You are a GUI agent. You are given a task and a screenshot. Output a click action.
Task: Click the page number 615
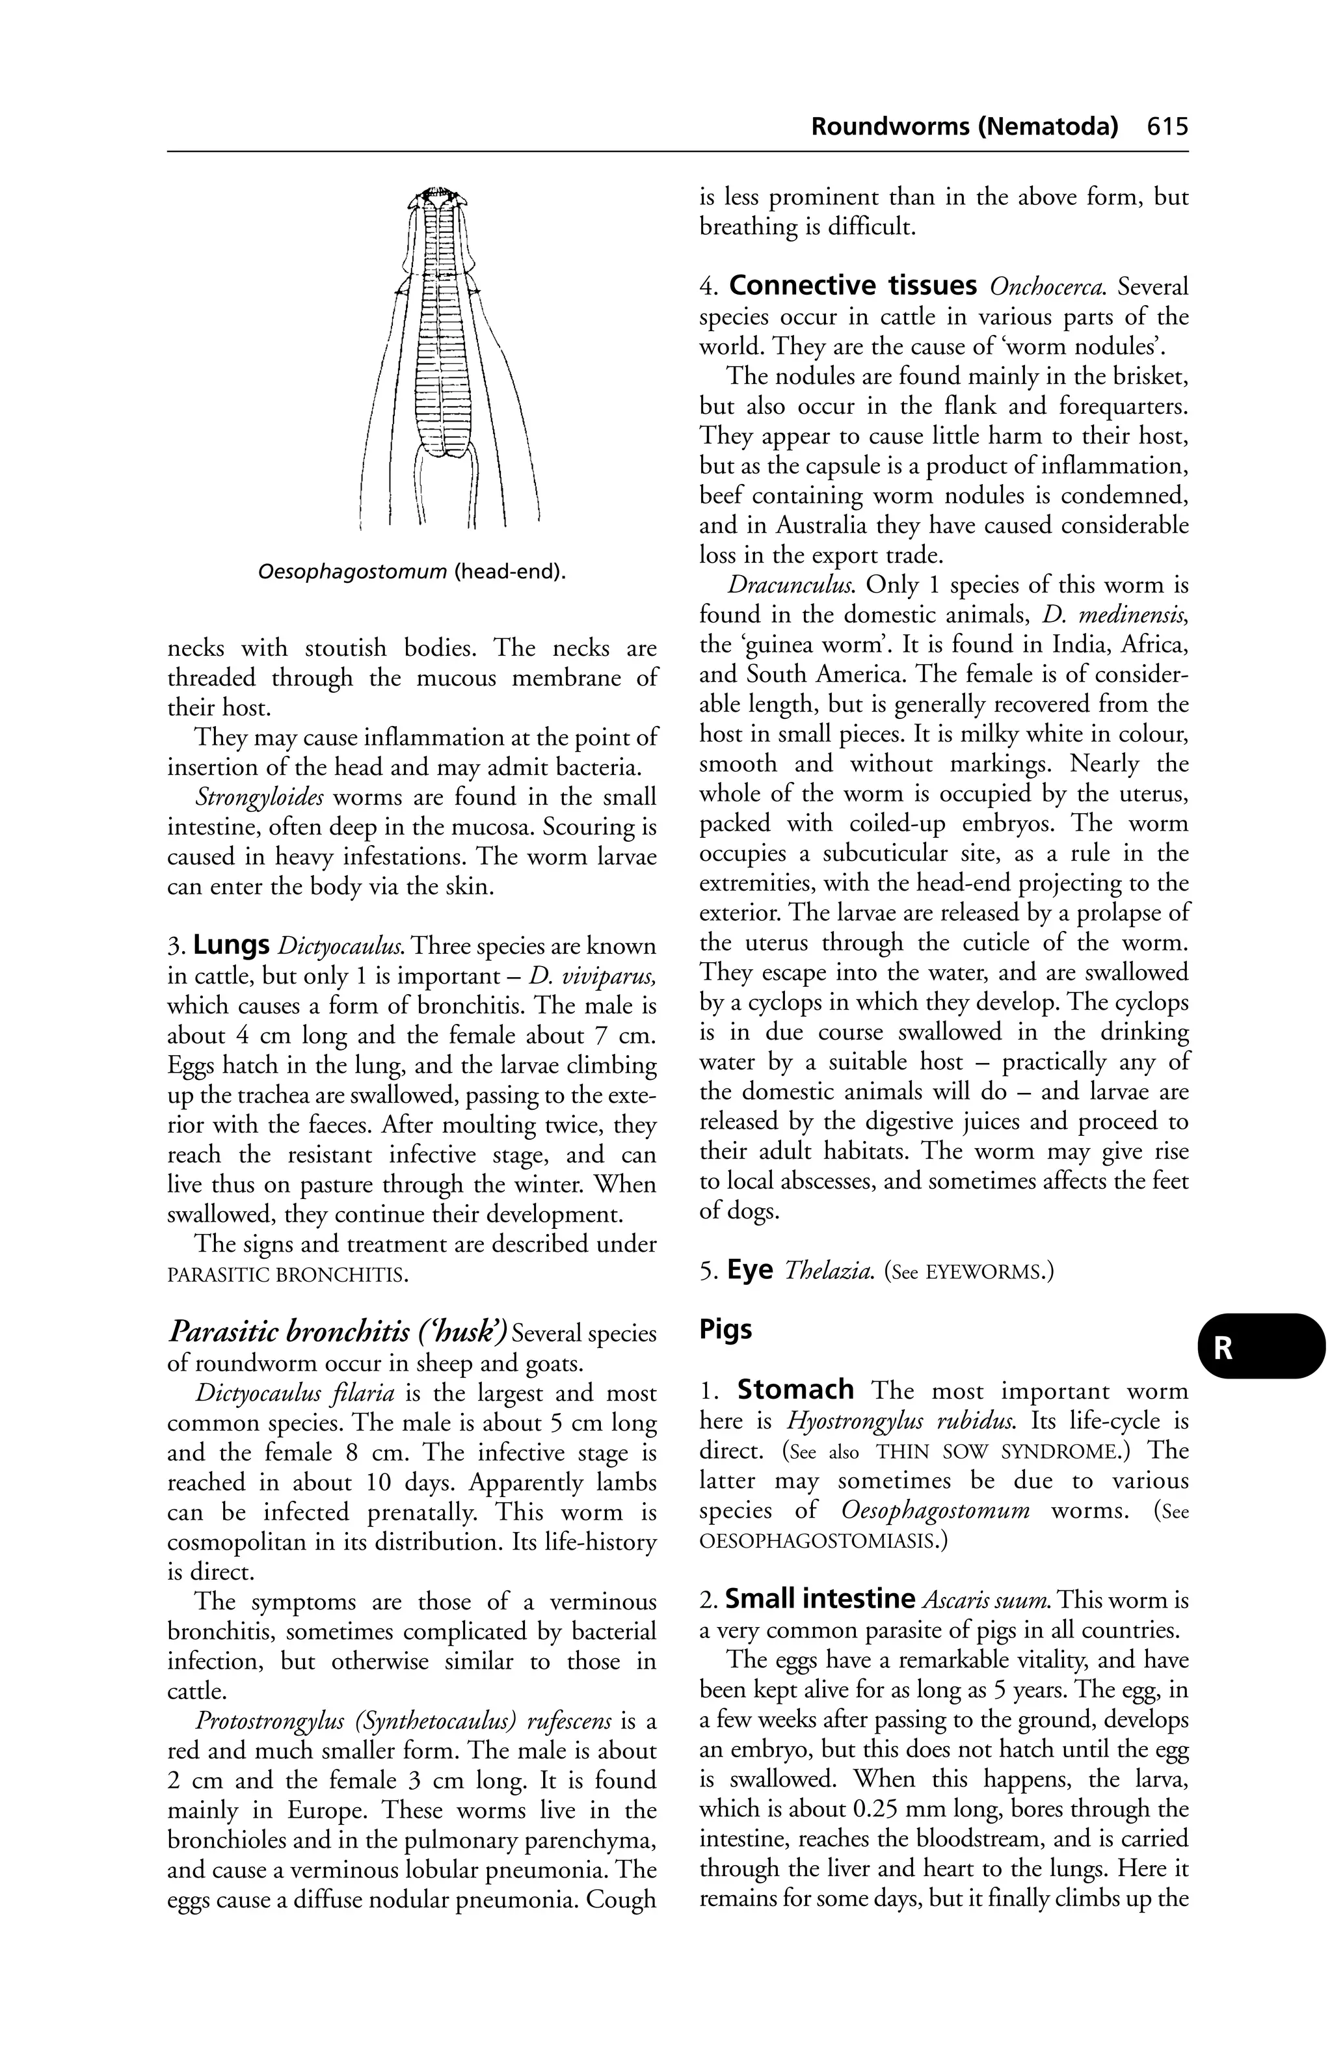(1167, 127)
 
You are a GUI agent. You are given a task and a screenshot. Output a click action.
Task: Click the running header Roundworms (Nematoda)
(963, 127)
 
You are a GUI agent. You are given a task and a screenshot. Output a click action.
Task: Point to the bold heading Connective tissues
(853, 286)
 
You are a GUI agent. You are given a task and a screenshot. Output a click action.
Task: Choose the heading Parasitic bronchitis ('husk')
(336, 1332)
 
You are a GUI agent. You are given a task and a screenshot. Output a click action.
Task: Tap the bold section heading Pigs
(726, 1330)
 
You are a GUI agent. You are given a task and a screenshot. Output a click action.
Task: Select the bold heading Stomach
(795, 1390)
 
